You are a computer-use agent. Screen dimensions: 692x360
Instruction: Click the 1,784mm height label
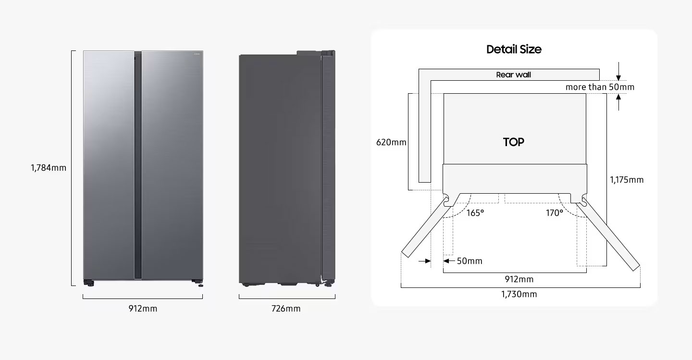(x=49, y=168)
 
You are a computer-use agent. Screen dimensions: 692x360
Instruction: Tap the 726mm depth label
(x=286, y=309)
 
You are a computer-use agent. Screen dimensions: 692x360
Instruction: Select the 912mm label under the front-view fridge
(x=143, y=309)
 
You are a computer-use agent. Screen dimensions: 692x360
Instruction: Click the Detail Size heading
(x=514, y=50)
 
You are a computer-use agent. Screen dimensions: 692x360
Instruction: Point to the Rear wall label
(x=513, y=75)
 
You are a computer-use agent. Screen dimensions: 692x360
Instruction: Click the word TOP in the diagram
(x=513, y=142)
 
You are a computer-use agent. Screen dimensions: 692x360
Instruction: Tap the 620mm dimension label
(x=391, y=142)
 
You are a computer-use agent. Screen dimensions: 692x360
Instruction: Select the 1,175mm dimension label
(x=627, y=180)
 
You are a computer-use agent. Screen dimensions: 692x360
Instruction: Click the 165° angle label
(x=475, y=213)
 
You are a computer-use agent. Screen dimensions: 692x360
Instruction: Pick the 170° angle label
(x=555, y=213)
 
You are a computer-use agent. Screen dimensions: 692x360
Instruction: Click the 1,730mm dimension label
(x=519, y=294)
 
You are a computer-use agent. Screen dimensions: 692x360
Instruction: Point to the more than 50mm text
(x=600, y=87)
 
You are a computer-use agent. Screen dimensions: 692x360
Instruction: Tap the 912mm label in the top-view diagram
(x=519, y=279)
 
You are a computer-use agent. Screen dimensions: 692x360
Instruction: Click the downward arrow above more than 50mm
(x=618, y=72)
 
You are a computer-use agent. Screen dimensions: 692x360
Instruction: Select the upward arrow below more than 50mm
(x=618, y=102)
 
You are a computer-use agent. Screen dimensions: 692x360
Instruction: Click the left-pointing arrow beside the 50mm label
(x=449, y=261)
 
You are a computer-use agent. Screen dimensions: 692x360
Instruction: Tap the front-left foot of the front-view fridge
(x=89, y=283)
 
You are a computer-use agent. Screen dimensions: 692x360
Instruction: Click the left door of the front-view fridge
(x=109, y=165)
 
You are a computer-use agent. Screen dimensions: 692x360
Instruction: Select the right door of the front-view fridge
(x=173, y=165)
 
